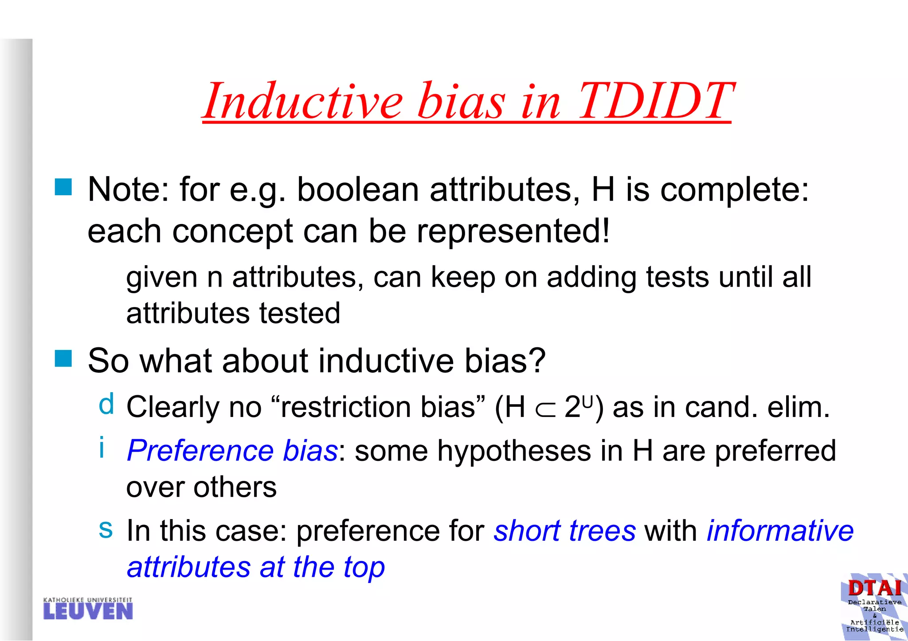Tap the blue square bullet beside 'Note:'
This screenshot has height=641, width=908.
click(x=63, y=187)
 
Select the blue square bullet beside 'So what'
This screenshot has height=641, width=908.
click(x=63, y=358)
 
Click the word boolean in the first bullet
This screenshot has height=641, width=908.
click(x=357, y=190)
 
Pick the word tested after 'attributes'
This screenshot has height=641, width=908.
click(x=300, y=313)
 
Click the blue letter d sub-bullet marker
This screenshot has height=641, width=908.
click(x=106, y=405)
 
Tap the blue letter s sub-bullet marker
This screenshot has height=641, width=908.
click(x=106, y=529)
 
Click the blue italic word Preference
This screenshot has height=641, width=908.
click(x=200, y=451)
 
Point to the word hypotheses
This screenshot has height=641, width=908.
click(x=514, y=451)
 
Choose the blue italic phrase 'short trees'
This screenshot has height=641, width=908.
click(x=564, y=531)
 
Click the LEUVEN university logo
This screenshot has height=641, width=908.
click(x=88, y=609)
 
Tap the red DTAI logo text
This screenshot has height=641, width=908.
click(x=875, y=589)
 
